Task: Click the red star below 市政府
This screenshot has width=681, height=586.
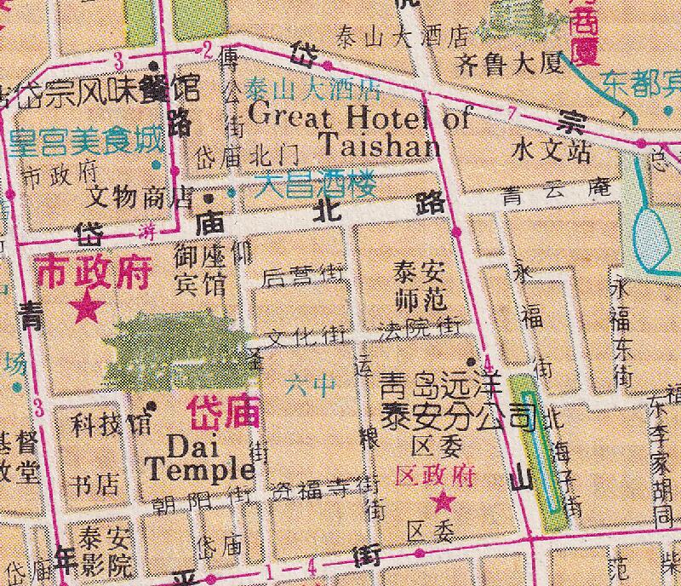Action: pyautogui.click(x=85, y=307)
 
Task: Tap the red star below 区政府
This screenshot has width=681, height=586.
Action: pyautogui.click(x=442, y=502)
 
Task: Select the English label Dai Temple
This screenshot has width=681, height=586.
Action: pyautogui.click(x=201, y=457)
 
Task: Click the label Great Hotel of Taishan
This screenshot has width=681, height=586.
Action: pyautogui.click(x=361, y=130)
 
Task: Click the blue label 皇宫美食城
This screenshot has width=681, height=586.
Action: pyautogui.click(x=85, y=141)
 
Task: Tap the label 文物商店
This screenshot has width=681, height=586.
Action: pyautogui.click(x=141, y=198)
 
